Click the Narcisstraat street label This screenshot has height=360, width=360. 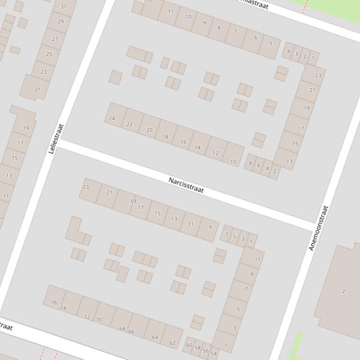[186, 185]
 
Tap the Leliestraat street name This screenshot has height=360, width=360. [55, 139]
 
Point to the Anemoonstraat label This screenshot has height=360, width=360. [319, 228]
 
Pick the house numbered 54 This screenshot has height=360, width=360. [214, 353]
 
